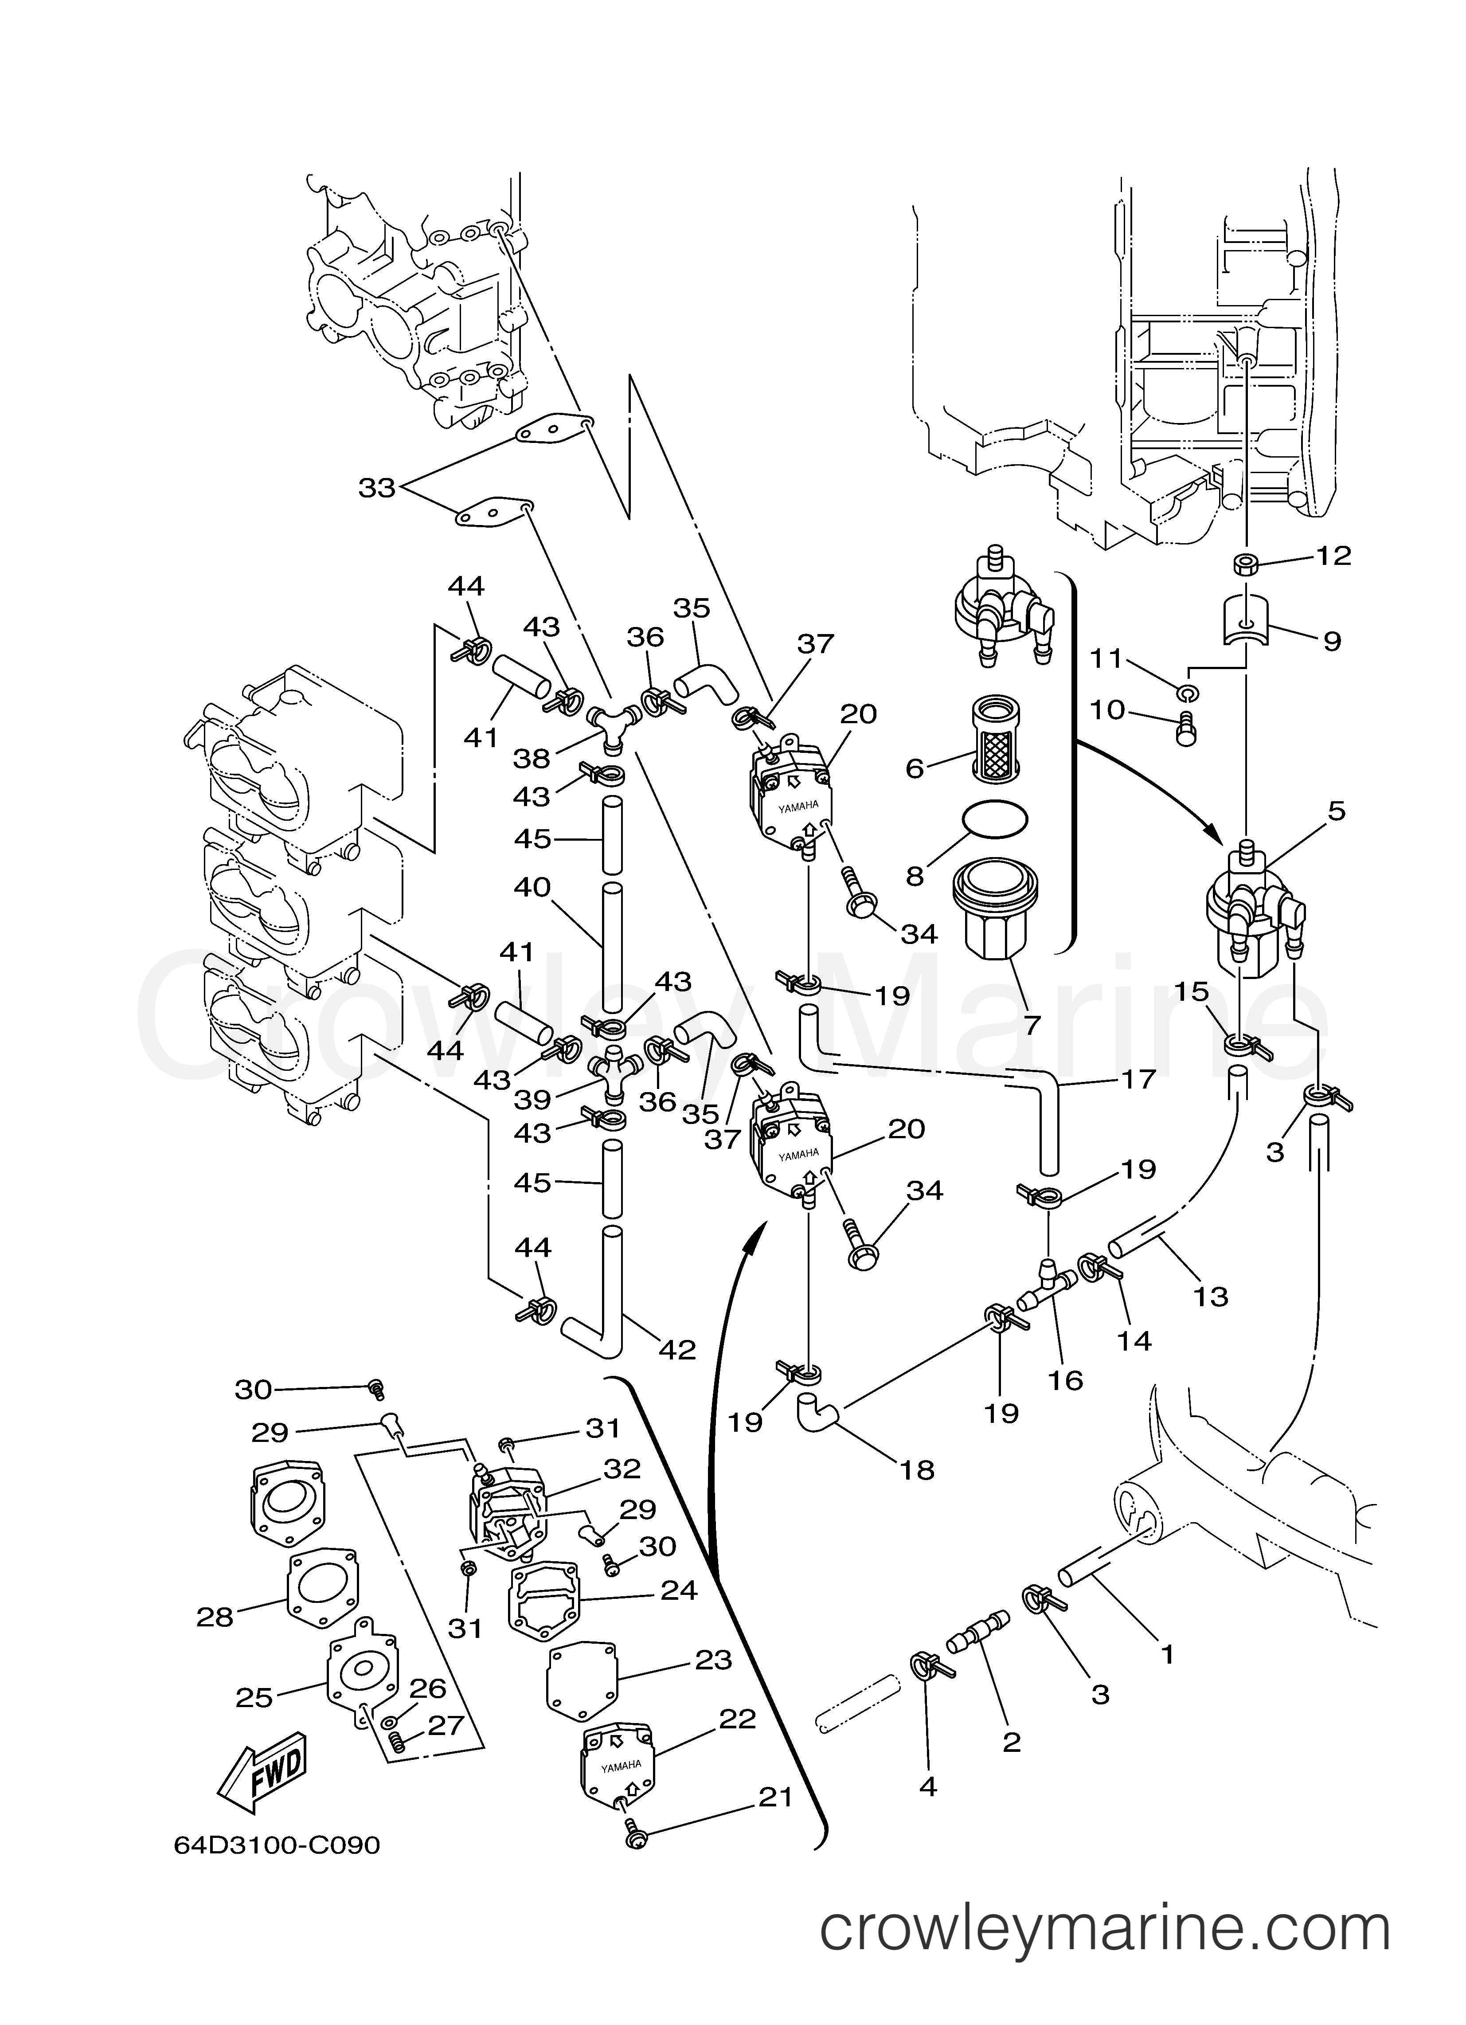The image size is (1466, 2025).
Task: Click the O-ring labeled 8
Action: pos(994,819)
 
